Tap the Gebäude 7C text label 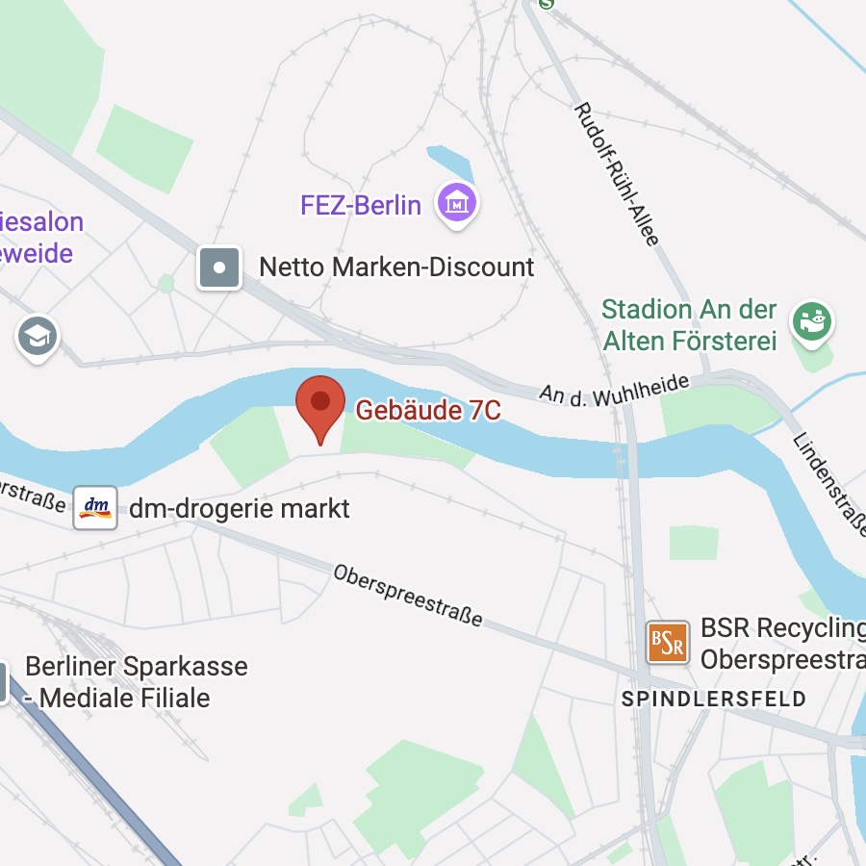tap(428, 411)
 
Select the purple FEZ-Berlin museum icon tap(457, 203)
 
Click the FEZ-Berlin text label tap(361, 205)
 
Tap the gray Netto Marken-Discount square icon tap(219, 267)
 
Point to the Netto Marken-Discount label tap(396, 267)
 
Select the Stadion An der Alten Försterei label tap(689, 324)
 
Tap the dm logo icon tap(95, 507)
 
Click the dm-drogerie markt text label tap(240, 508)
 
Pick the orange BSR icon tap(668, 643)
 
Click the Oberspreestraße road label tap(408, 594)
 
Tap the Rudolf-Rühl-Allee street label tap(616, 174)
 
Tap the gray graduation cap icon tap(38, 337)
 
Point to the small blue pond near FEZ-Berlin tap(451, 163)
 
